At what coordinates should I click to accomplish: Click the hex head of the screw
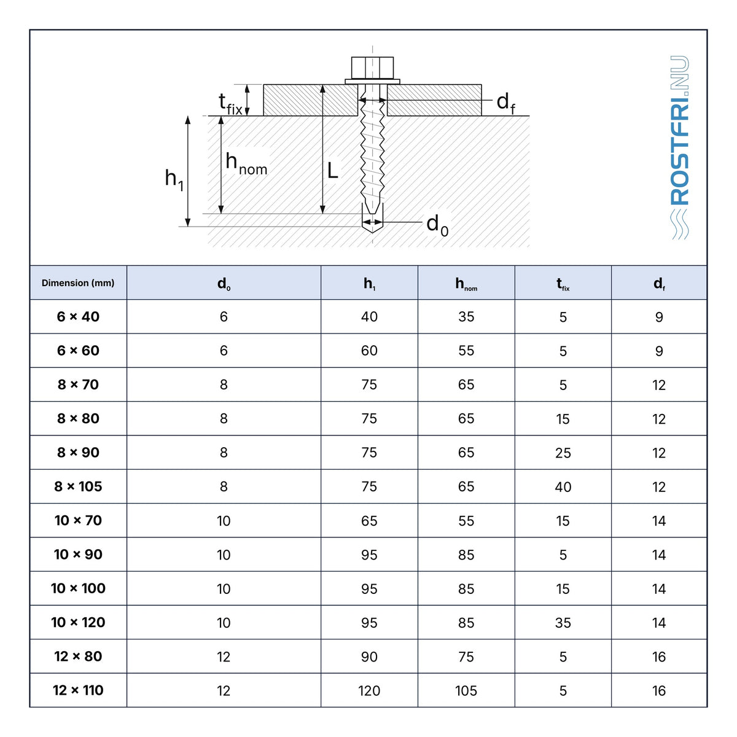tap(372, 68)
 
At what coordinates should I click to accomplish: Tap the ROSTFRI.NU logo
tap(680, 147)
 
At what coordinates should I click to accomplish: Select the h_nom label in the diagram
tap(246, 163)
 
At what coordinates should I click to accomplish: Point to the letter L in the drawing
tap(332, 171)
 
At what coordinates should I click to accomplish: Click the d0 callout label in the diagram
tap(437, 225)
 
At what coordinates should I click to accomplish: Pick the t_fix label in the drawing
tap(230, 104)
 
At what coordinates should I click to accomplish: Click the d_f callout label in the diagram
tap(505, 103)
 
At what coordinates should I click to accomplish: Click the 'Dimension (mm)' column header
tap(78, 283)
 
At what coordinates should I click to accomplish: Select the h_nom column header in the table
tap(466, 284)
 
